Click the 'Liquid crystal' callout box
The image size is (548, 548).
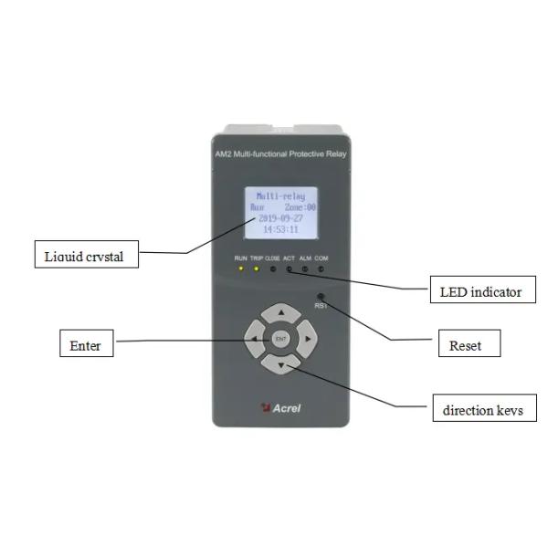pos(83,256)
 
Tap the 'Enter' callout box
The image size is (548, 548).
pos(86,345)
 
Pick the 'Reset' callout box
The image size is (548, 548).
pos(465,345)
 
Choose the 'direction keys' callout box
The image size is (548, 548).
pos(483,409)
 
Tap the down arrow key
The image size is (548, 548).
pos(281,365)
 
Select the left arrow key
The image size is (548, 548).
pos(254,340)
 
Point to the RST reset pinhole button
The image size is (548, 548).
pos(321,296)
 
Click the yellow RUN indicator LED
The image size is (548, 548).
pos(241,269)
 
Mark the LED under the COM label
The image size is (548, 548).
pos(321,269)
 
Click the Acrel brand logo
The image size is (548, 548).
pos(280,408)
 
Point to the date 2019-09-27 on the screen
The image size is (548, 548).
pos(281,219)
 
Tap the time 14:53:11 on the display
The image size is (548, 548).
pos(281,230)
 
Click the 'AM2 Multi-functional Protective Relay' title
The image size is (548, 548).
pos(281,154)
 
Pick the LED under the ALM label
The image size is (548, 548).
pos(306,269)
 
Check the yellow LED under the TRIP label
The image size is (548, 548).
pos(257,269)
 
